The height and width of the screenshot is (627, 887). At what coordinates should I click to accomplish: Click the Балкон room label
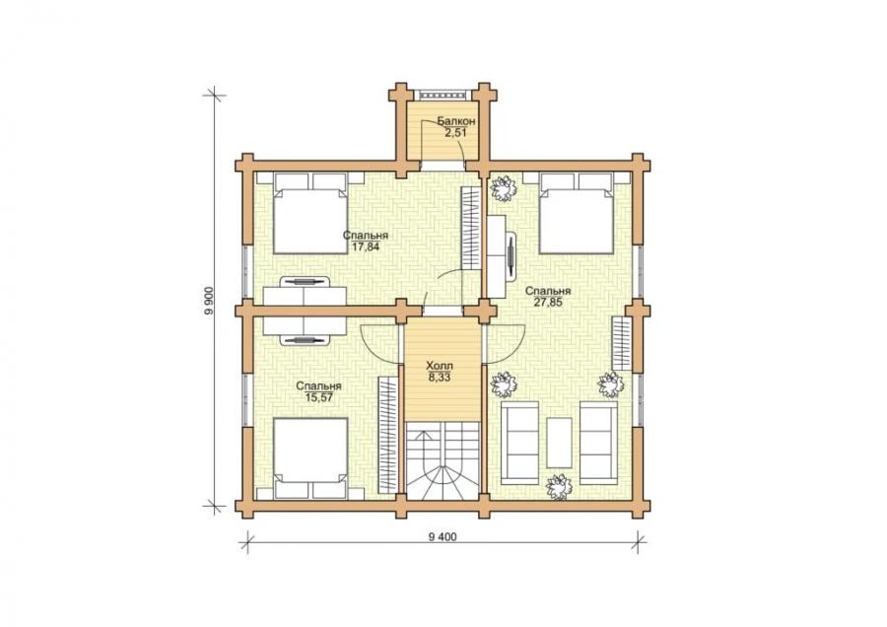pos(455,121)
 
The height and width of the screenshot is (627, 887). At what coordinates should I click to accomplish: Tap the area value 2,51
pos(455,132)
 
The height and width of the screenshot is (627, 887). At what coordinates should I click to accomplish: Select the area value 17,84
pos(365,246)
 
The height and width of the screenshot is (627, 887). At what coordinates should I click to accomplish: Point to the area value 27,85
pos(548,303)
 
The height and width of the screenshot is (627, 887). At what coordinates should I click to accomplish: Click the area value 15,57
pos(318,397)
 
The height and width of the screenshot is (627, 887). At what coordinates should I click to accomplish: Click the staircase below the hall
pos(443,461)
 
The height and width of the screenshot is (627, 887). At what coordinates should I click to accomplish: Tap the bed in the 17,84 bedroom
pos(310,213)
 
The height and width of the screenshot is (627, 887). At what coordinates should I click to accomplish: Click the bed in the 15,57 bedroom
pos(310,458)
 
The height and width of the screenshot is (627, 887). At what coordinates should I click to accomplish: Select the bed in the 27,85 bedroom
pos(577,213)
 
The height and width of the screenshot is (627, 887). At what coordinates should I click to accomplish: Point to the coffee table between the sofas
pos(559,443)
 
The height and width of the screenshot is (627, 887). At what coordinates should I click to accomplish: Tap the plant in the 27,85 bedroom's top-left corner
pos(503,188)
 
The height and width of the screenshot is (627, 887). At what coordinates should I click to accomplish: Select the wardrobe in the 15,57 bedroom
pos(387,434)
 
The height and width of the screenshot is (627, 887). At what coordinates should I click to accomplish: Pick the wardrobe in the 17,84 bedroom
pos(471,229)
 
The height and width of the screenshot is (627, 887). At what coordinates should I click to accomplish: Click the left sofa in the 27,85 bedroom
pos(519,443)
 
